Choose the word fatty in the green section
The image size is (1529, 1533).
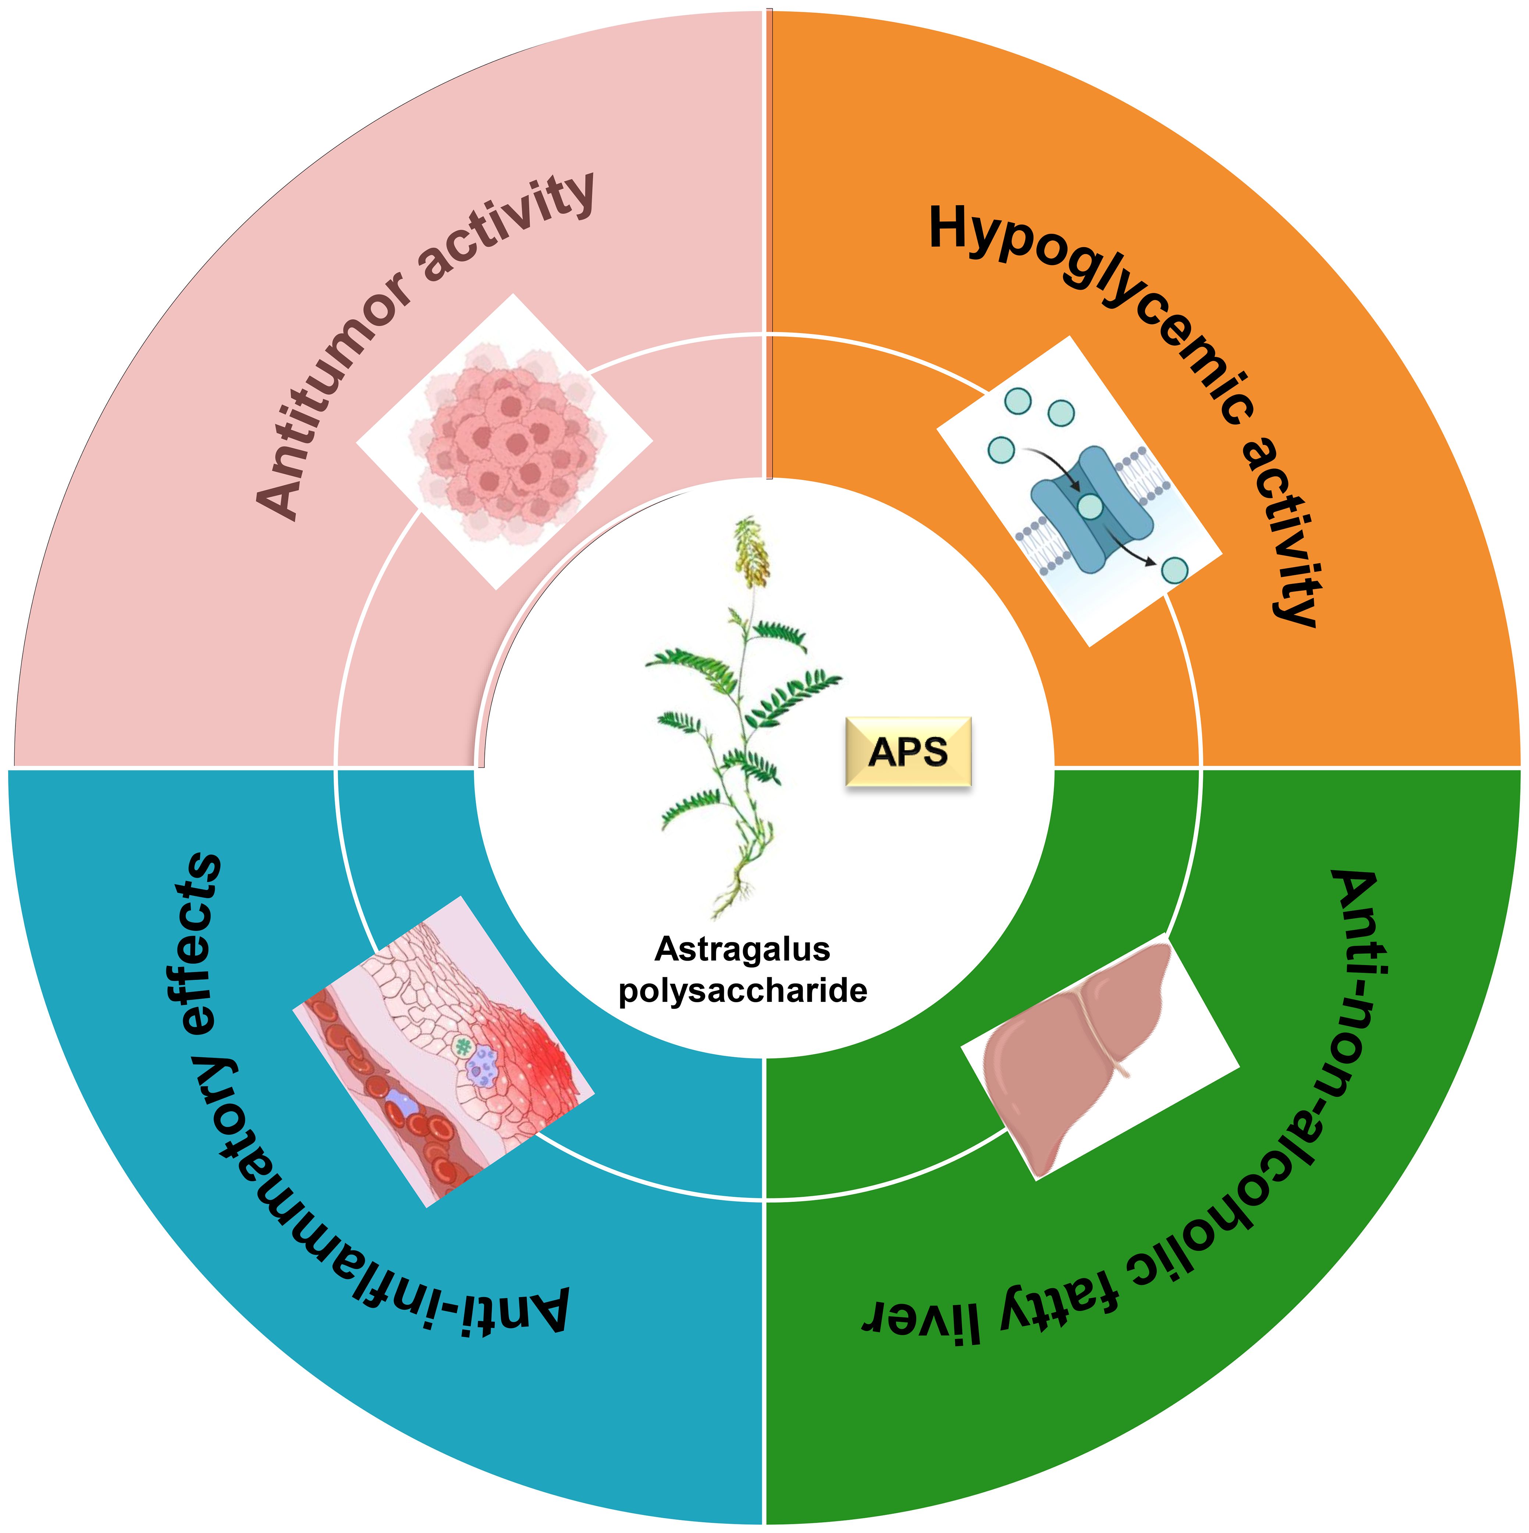[x=1055, y=1301]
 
